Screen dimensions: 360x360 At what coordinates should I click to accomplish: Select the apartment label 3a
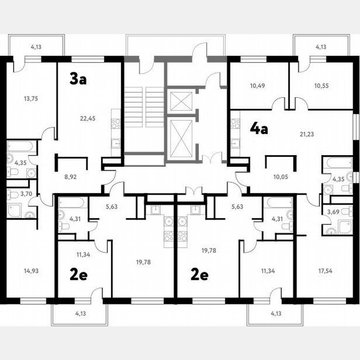pyautogui.click(x=77, y=78)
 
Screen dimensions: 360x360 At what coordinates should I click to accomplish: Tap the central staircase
pyautogui.click(x=144, y=107)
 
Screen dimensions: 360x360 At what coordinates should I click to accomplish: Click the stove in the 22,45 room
pyautogui.click(x=116, y=123)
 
